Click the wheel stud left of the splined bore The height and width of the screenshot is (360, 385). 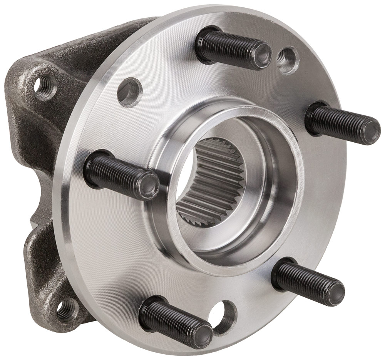[119, 175]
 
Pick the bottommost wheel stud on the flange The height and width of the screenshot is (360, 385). [173, 319]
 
